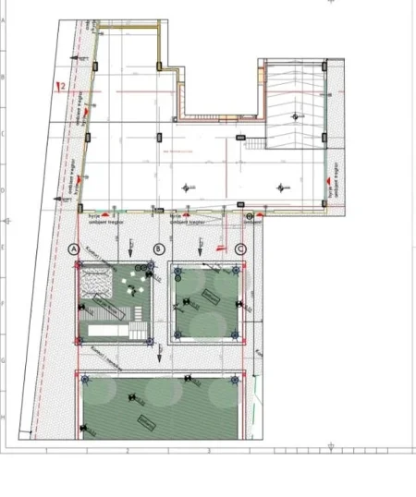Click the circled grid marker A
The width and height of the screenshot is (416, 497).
pos(76,248)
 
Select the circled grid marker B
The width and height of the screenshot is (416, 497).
pos(160,248)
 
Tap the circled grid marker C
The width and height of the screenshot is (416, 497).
pos(240,248)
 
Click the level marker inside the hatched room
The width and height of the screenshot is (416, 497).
pos(295,115)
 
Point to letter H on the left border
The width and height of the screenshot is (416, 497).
pos(4,417)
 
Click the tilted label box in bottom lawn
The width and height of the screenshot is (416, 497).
pos(145,422)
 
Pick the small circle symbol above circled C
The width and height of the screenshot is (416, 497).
pos(250,215)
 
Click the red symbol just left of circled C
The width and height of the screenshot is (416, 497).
pos(220,248)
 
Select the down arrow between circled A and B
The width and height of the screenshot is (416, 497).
pos(132,248)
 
